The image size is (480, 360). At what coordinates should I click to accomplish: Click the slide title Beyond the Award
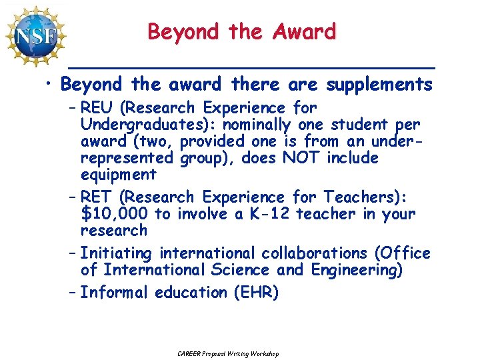tap(241, 31)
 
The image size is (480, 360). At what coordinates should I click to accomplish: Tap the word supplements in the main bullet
tap(379, 85)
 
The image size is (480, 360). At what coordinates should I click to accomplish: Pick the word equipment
tap(118, 175)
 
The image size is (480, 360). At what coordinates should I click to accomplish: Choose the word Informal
tap(115, 293)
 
